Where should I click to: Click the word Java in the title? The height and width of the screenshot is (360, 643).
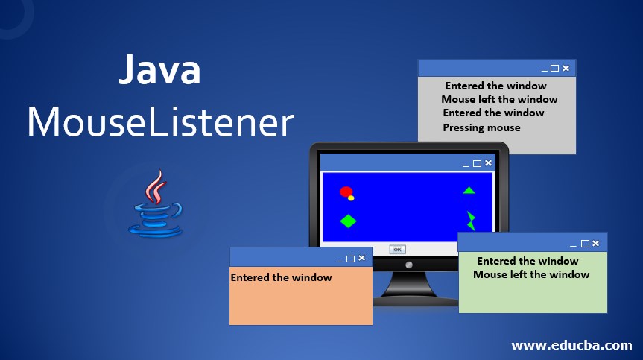click(159, 72)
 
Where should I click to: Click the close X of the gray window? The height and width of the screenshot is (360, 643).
click(566, 69)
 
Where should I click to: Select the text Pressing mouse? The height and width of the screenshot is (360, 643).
click(481, 127)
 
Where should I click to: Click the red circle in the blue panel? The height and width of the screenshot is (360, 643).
click(346, 192)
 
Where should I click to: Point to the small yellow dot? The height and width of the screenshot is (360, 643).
click(351, 198)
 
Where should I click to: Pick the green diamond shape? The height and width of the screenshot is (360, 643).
click(348, 221)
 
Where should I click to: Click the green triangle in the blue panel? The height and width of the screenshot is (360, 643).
click(469, 190)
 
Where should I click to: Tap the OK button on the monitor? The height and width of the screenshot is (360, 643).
click(397, 249)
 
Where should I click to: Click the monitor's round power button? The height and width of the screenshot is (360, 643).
click(408, 265)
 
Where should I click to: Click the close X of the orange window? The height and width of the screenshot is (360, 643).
click(362, 258)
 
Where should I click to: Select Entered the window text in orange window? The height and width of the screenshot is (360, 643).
click(282, 277)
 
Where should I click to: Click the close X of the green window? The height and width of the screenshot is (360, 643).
click(597, 243)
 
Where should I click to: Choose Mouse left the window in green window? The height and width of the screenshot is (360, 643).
click(531, 274)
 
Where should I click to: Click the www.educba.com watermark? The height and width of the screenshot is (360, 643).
click(571, 345)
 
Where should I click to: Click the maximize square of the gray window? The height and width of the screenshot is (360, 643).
click(554, 69)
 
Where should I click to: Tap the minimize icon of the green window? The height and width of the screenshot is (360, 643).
click(573, 244)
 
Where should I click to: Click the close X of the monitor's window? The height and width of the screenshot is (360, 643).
click(489, 162)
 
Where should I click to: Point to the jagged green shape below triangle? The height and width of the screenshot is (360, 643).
click(471, 221)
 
